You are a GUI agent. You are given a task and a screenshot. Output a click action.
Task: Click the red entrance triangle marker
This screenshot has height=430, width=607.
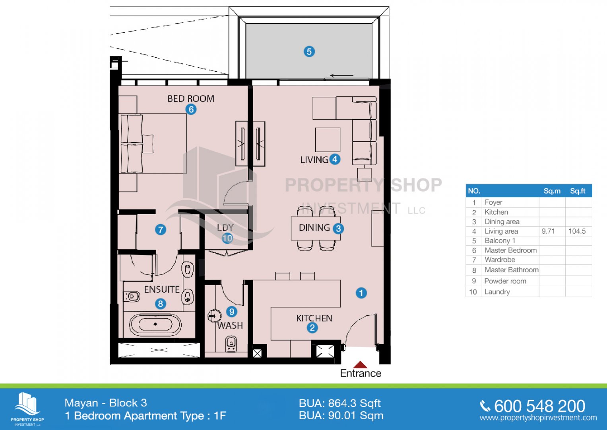(360, 365)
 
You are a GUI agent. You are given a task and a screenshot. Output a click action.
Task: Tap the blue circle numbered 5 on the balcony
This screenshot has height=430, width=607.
(309, 51)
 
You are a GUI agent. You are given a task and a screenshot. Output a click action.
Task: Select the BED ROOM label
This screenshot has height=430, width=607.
(191, 99)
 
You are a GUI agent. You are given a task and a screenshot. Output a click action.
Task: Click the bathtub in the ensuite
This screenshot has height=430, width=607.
(155, 324)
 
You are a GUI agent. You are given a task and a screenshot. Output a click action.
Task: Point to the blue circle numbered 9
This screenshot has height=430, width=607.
(231, 311)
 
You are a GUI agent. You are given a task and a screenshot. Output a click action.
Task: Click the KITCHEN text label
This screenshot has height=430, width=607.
(314, 318)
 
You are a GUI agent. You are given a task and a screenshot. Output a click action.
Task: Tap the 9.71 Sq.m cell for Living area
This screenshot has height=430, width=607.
(548, 231)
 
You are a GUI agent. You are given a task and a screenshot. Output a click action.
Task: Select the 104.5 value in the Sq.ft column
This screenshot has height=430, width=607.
(577, 231)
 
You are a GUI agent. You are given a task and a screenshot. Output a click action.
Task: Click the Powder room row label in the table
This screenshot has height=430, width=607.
(505, 281)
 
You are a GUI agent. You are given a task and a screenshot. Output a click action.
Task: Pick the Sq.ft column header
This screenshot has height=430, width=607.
(578, 191)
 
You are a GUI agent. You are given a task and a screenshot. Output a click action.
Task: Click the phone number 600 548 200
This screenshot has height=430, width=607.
(539, 406)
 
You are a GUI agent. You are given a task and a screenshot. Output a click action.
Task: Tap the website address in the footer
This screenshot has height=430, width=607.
(538, 418)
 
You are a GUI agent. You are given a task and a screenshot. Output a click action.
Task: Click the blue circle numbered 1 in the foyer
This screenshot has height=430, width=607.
(361, 293)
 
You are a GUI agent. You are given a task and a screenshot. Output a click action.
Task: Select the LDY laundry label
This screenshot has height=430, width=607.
(225, 227)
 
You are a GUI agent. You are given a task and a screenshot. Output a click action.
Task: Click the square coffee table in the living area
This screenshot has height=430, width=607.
(328, 140)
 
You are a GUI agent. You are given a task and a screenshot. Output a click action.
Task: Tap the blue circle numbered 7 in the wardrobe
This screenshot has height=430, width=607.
(161, 230)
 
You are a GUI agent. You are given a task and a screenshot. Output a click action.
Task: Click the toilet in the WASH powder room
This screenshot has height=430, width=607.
(231, 344)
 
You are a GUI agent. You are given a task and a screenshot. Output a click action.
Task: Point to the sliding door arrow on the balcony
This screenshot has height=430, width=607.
(342, 76)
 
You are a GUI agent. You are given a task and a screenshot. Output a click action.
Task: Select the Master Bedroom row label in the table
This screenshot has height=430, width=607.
(510, 250)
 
